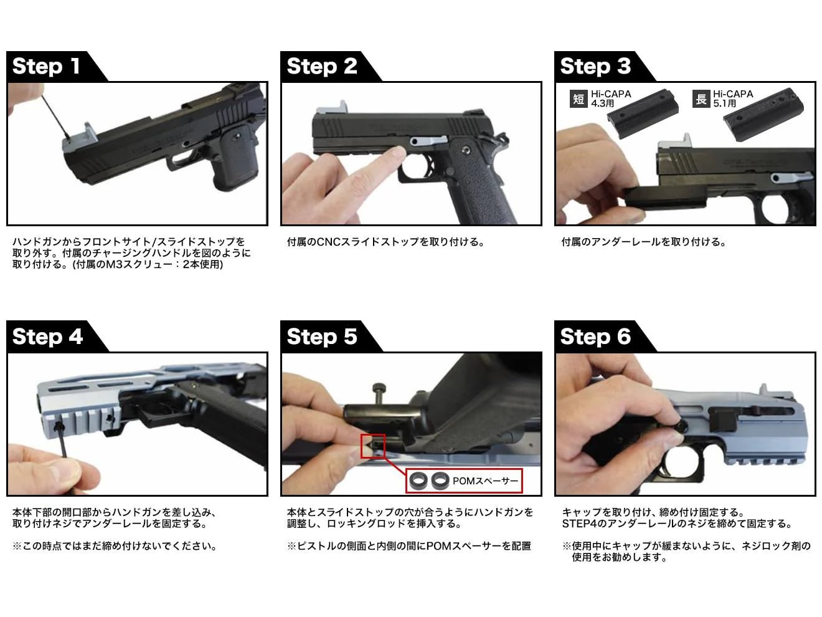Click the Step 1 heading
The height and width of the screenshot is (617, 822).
coord(46,66)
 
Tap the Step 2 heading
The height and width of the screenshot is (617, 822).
coord(322,66)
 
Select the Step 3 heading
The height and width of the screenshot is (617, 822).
coord(595,66)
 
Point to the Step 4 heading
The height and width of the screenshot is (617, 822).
coord(47,336)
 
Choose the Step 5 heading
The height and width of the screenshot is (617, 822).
coord(322,336)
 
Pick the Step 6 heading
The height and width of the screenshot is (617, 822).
coord(595,336)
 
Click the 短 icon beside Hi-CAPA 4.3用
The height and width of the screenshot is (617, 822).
coord(579,99)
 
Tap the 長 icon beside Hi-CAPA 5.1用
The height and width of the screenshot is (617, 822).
coord(701,99)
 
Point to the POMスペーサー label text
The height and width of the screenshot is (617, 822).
coord(485,481)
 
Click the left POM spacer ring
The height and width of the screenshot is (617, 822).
coord(418,481)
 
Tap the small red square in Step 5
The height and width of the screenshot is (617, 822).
coord(372,446)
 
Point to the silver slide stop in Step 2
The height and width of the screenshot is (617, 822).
coord(428,141)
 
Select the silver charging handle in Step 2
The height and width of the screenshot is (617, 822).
coord(333,108)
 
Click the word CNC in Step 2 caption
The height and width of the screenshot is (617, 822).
coord(329,242)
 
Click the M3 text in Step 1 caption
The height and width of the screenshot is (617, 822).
coord(112,264)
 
